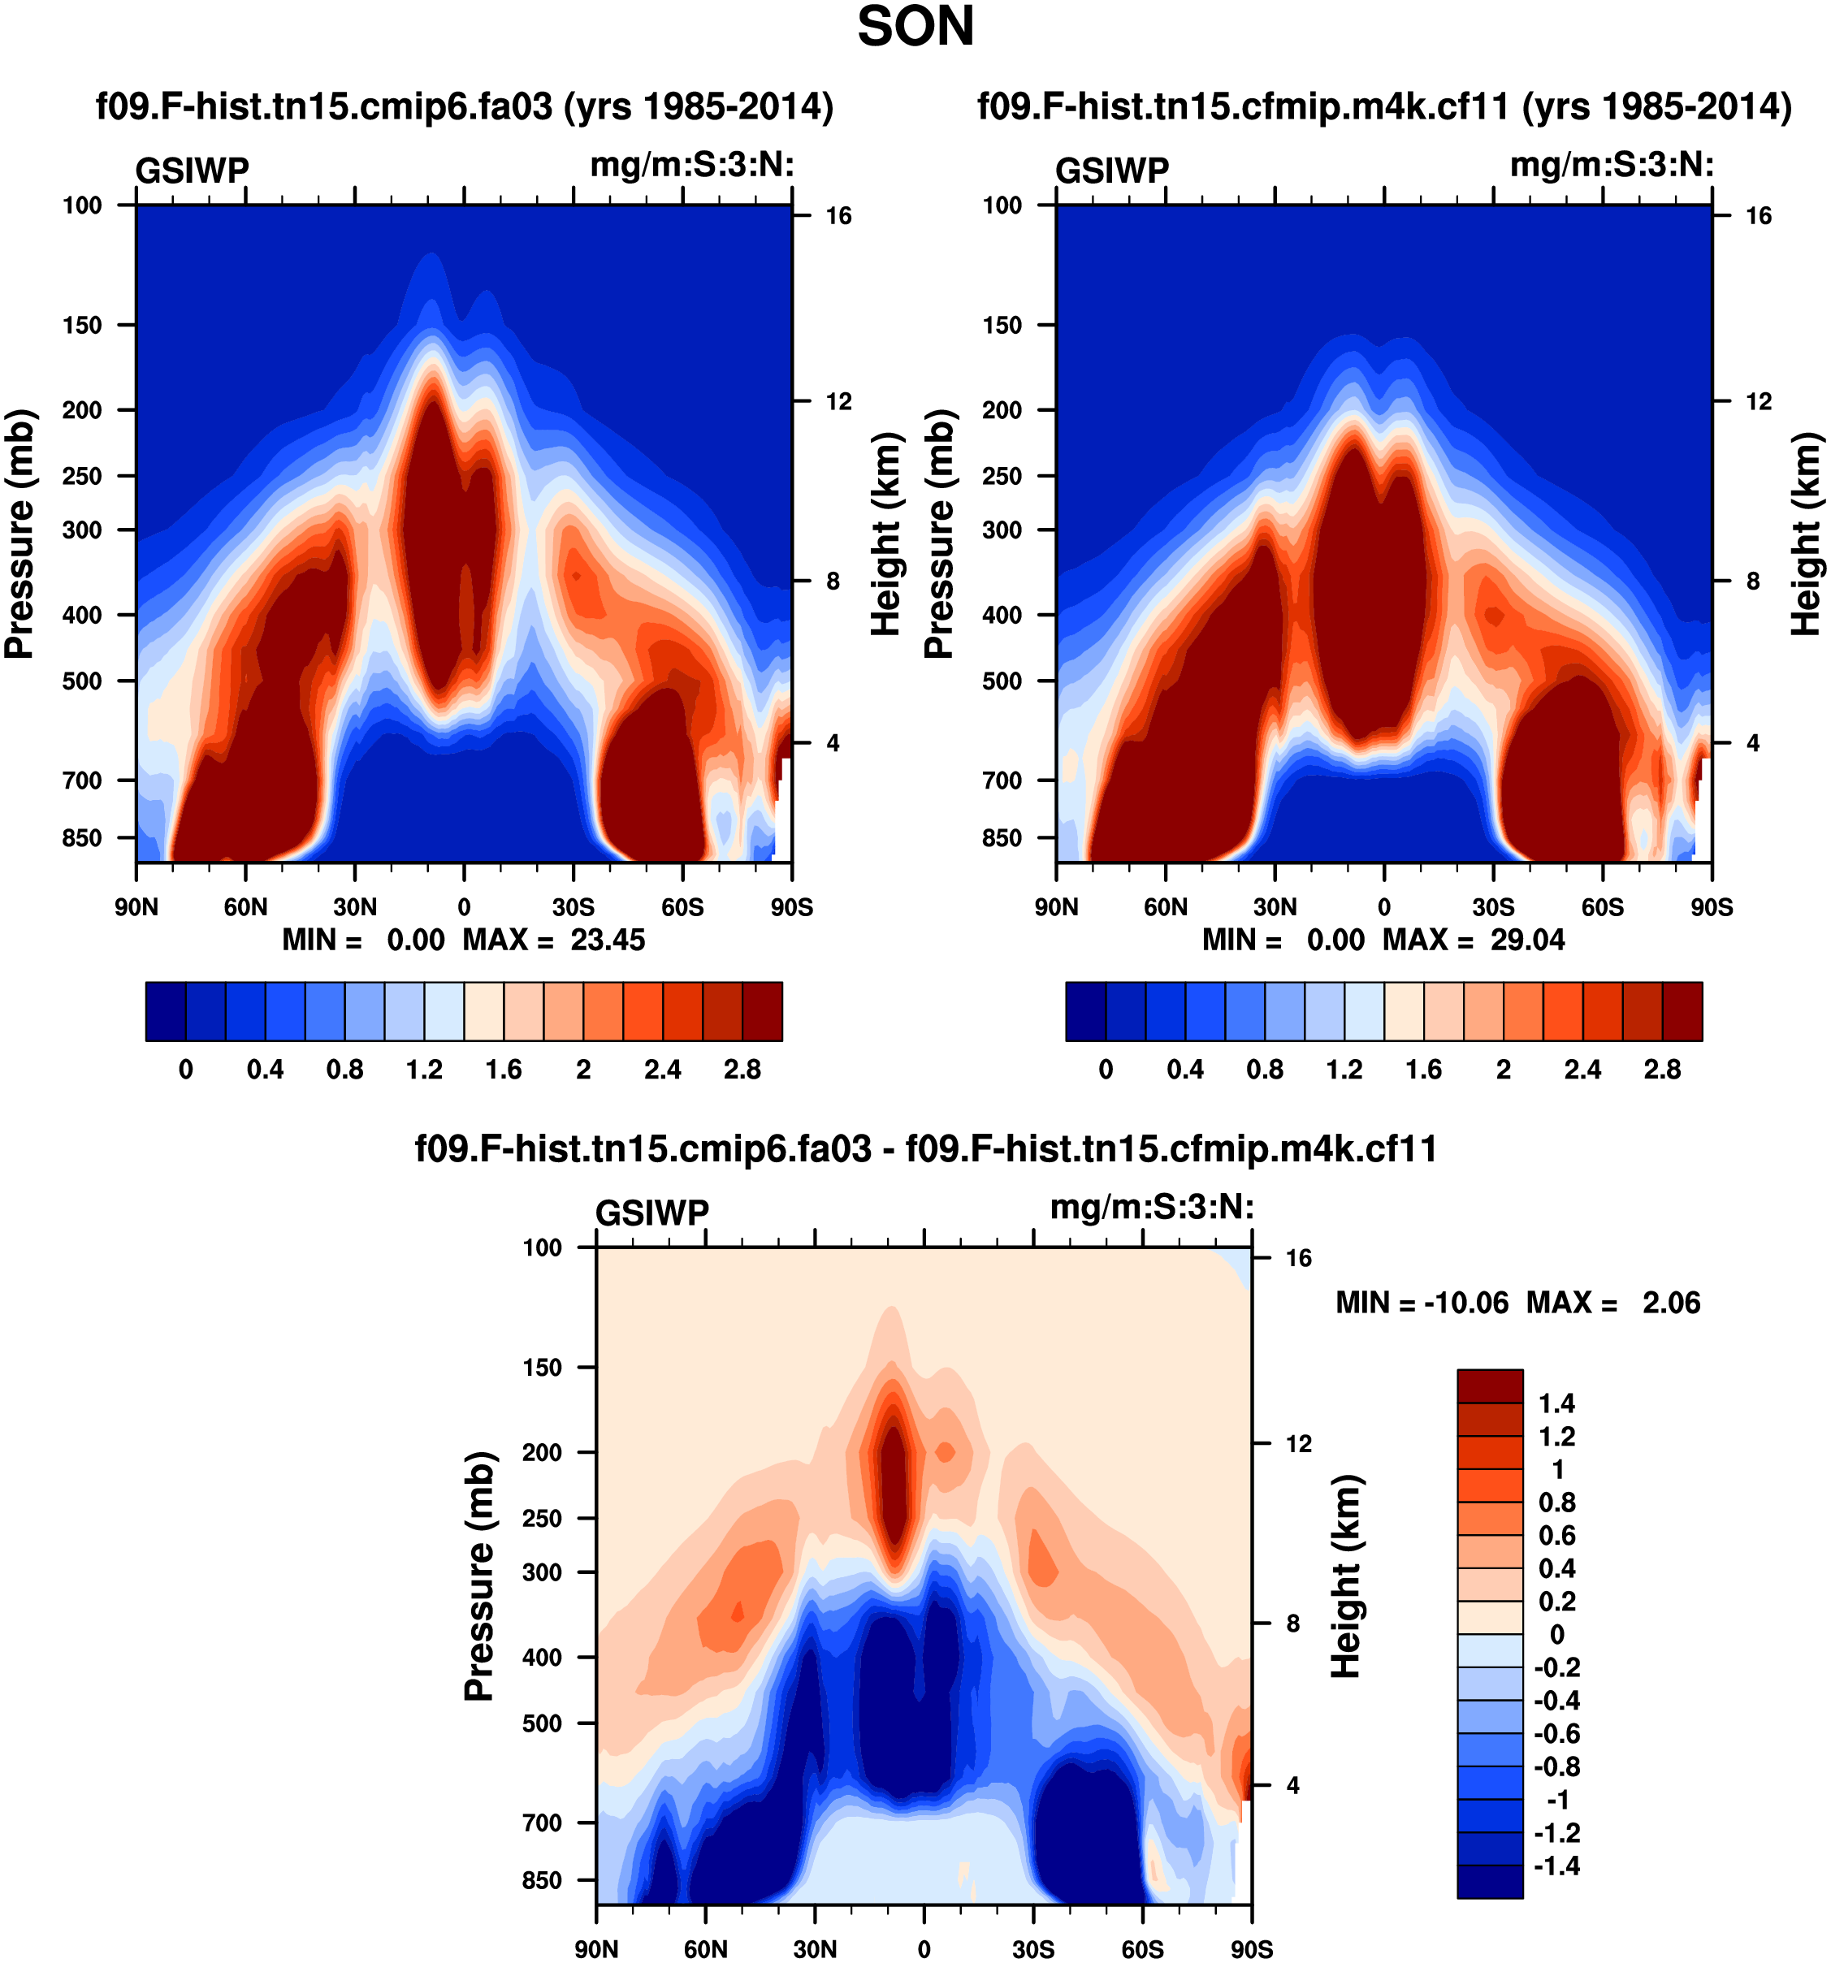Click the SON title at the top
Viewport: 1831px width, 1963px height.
tap(915, 28)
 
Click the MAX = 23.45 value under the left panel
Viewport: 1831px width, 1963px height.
tap(553, 939)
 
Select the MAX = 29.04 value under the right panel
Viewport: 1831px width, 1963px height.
tap(1473, 939)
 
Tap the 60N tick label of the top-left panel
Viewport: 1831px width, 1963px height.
tap(245, 907)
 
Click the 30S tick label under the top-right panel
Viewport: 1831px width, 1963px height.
tap(1492, 907)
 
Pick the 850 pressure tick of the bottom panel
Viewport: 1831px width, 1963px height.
tap(542, 1880)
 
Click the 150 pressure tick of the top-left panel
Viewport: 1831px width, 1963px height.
tap(82, 325)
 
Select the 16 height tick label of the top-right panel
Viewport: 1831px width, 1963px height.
tap(1758, 215)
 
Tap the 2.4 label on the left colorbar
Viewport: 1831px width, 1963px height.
tap(662, 1070)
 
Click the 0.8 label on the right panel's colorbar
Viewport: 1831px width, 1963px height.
tap(1264, 1070)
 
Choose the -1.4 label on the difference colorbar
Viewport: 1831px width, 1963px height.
tap(1556, 1866)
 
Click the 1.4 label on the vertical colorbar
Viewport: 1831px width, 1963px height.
tap(1556, 1403)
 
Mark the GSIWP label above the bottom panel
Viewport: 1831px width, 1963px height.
tap(651, 1213)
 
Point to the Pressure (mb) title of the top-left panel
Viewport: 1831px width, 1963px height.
tap(19, 534)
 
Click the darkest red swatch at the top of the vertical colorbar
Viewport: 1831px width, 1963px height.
tap(1489, 1385)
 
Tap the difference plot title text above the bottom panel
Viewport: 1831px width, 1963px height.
tap(925, 1148)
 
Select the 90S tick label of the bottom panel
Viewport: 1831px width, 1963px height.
tap(1250, 1949)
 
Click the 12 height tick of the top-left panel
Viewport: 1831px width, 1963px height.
tap(838, 401)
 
